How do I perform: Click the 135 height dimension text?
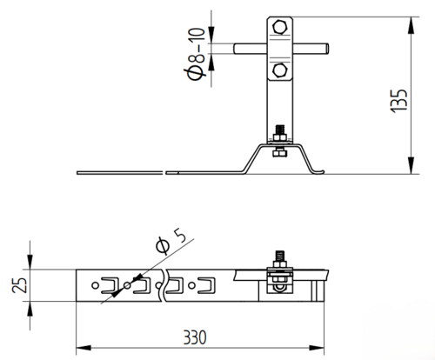coord(399,101)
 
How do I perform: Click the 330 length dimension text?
coord(195,337)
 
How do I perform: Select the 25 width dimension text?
coord(20,285)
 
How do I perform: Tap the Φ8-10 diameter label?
coord(195,54)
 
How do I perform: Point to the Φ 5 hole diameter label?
coord(171,241)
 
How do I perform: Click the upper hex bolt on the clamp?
coord(280,27)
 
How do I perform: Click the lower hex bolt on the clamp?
coord(280,70)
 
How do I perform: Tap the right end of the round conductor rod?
coord(327,49)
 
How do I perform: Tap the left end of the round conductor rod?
coord(235,49)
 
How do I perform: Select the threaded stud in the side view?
coord(280,130)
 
